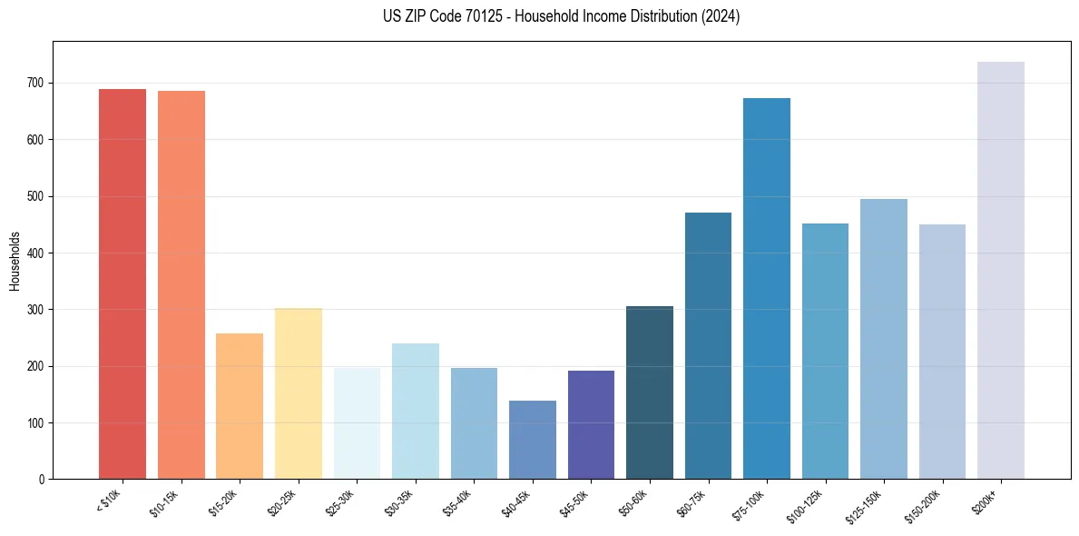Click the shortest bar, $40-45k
pyautogui.click(x=532, y=440)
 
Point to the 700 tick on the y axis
pyautogui.click(x=37, y=83)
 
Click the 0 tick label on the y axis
pyautogui.click(x=42, y=480)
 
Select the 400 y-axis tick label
pyautogui.click(x=37, y=253)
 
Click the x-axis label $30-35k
pyautogui.click(x=400, y=503)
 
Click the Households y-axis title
pyautogui.click(x=15, y=260)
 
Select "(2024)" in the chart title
pyautogui.click(x=721, y=16)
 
